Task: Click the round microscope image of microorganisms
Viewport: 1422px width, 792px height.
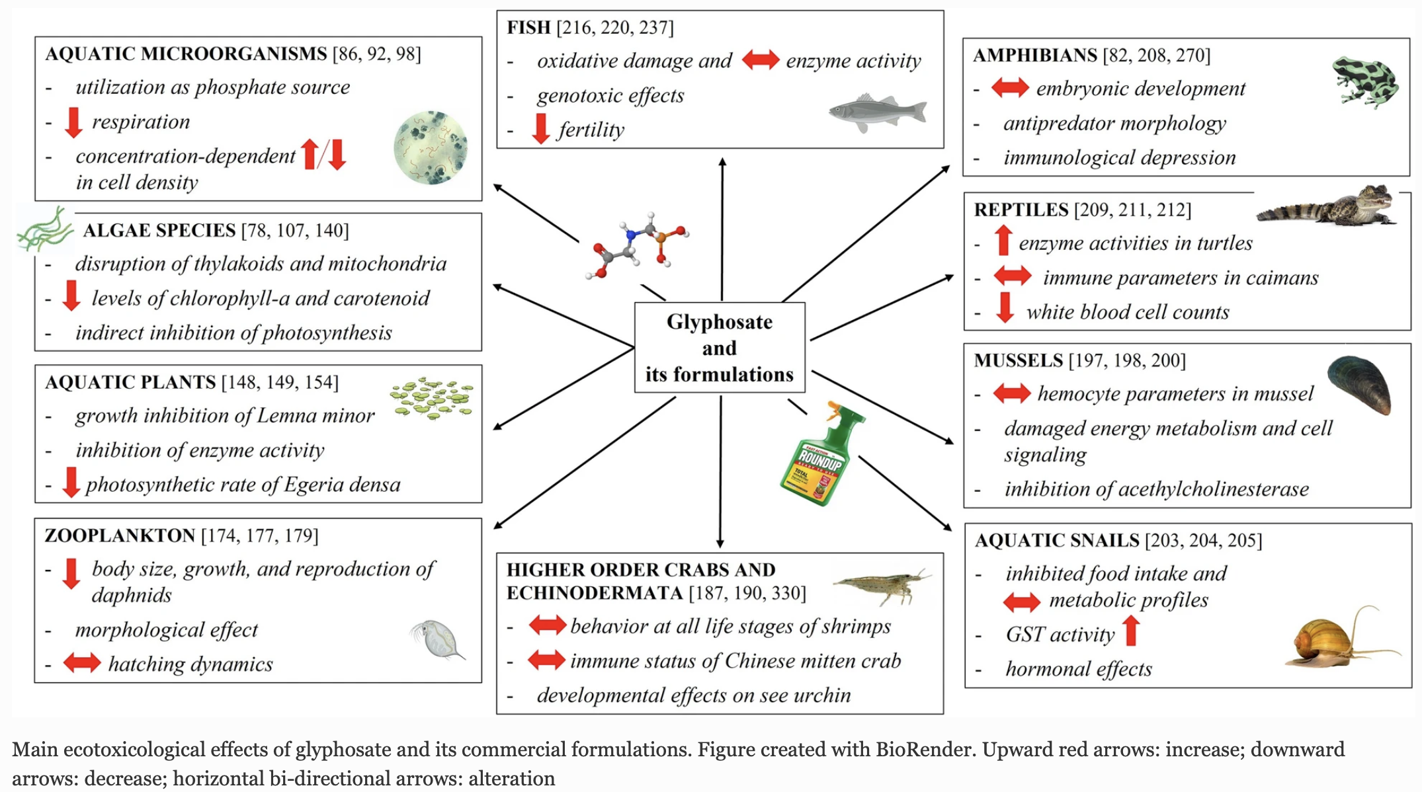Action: click(431, 147)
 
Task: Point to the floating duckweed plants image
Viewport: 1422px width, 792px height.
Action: click(432, 398)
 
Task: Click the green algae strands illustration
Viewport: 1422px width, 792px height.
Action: click(45, 229)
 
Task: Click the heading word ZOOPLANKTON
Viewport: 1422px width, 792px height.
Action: click(120, 535)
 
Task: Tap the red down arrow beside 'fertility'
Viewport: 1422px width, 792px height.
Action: click(540, 128)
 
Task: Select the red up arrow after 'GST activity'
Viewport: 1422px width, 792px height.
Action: click(1131, 631)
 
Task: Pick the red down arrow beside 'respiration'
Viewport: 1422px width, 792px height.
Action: click(73, 122)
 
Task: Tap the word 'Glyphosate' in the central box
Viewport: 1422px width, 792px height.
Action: click(719, 322)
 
